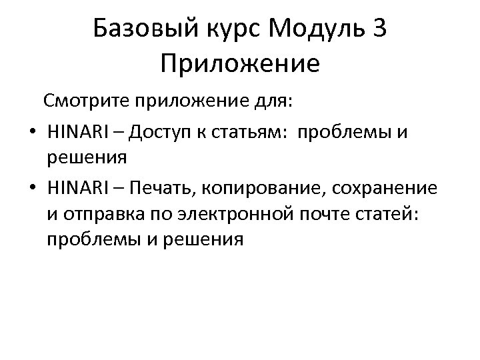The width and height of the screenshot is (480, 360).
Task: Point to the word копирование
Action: tap(263, 189)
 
